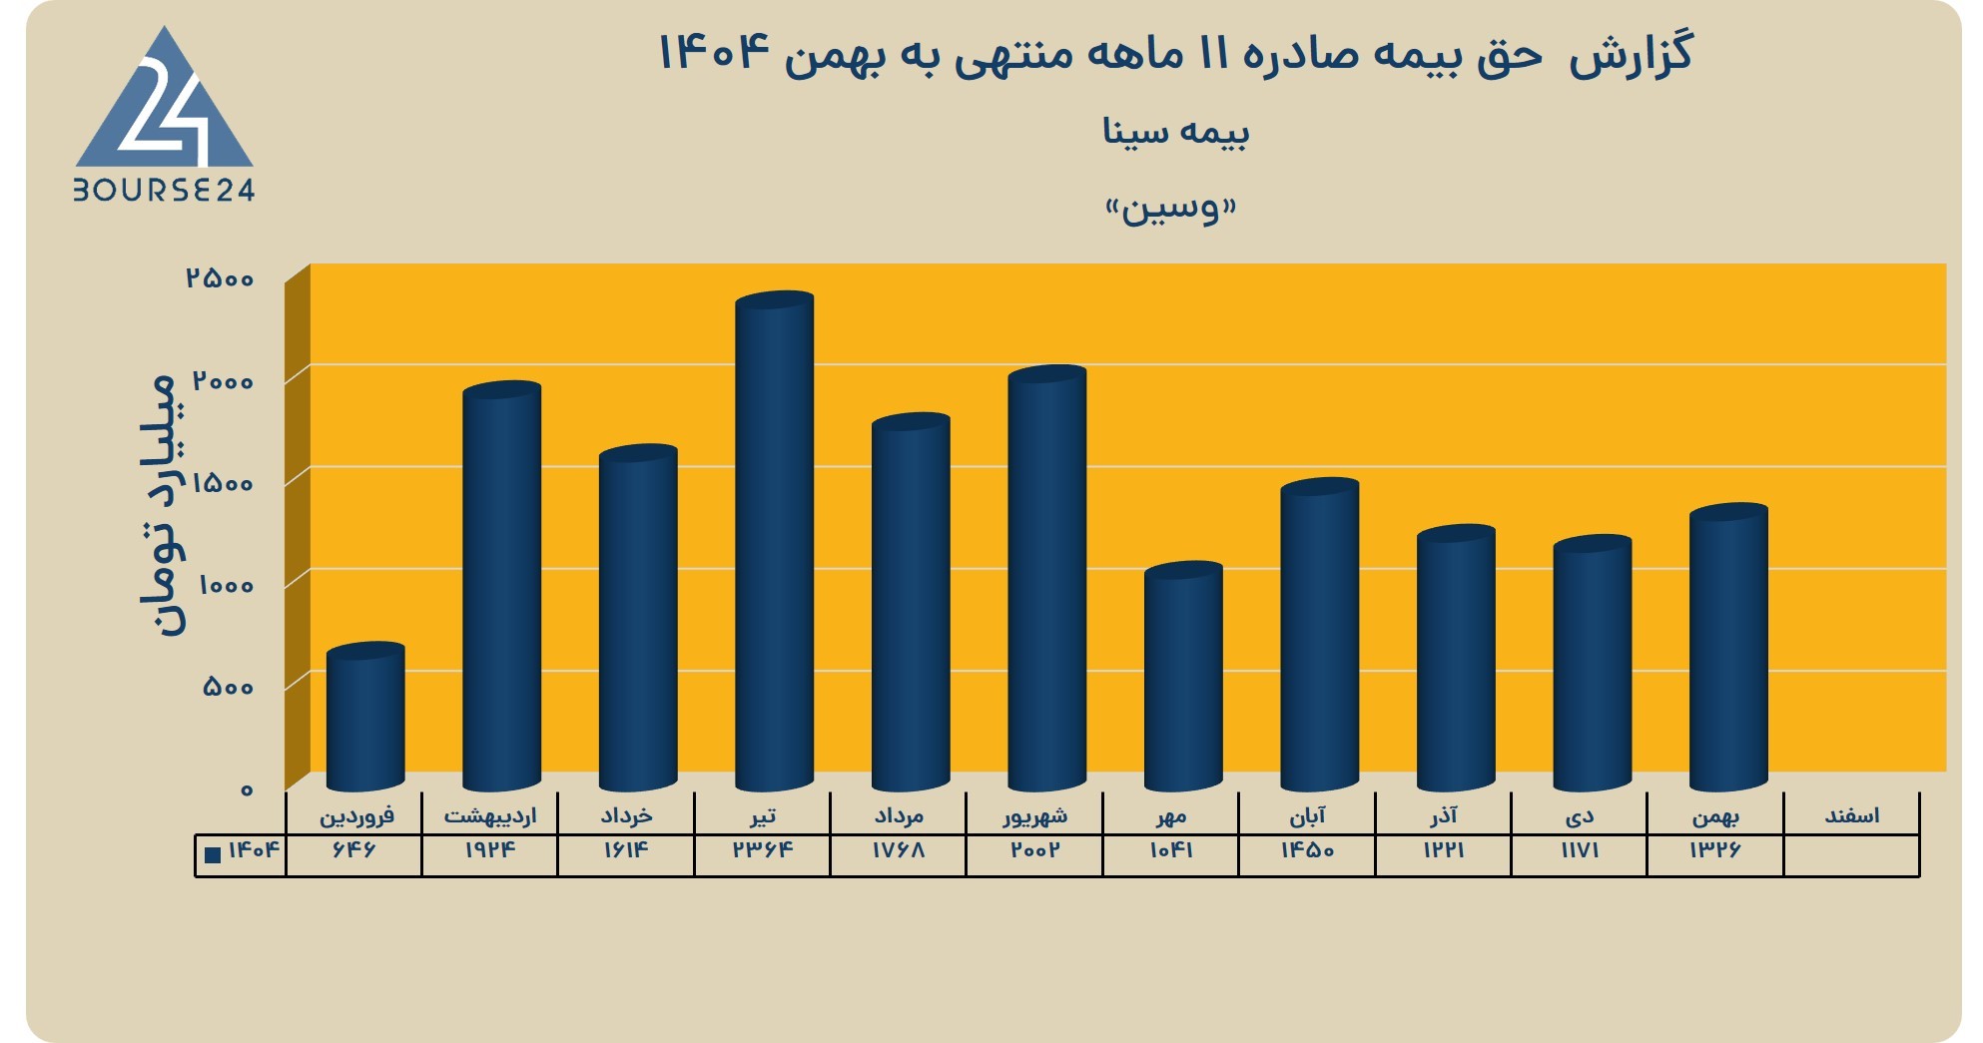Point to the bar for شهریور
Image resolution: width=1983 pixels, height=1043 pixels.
click(x=1046, y=578)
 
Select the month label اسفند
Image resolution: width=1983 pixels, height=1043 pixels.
click(x=1852, y=816)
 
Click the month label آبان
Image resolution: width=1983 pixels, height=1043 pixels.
click(x=1307, y=816)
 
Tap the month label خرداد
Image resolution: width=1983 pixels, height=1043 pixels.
click(x=626, y=816)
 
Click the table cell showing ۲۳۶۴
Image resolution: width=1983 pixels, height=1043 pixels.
click(x=763, y=850)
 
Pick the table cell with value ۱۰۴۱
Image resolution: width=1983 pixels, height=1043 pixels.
click(x=1171, y=850)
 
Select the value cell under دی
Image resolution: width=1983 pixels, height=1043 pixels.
click(x=1580, y=850)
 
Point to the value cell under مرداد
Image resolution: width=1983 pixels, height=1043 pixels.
click(x=899, y=850)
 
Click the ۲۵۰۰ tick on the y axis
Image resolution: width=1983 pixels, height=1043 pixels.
click(x=220, y=278)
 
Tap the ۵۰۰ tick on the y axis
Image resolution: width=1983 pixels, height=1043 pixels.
click(x=229, y=687)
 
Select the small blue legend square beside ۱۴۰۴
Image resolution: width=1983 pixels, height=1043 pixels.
click(x=213, y=854)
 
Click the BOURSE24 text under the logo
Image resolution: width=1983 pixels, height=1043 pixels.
click(x=165, y=190)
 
